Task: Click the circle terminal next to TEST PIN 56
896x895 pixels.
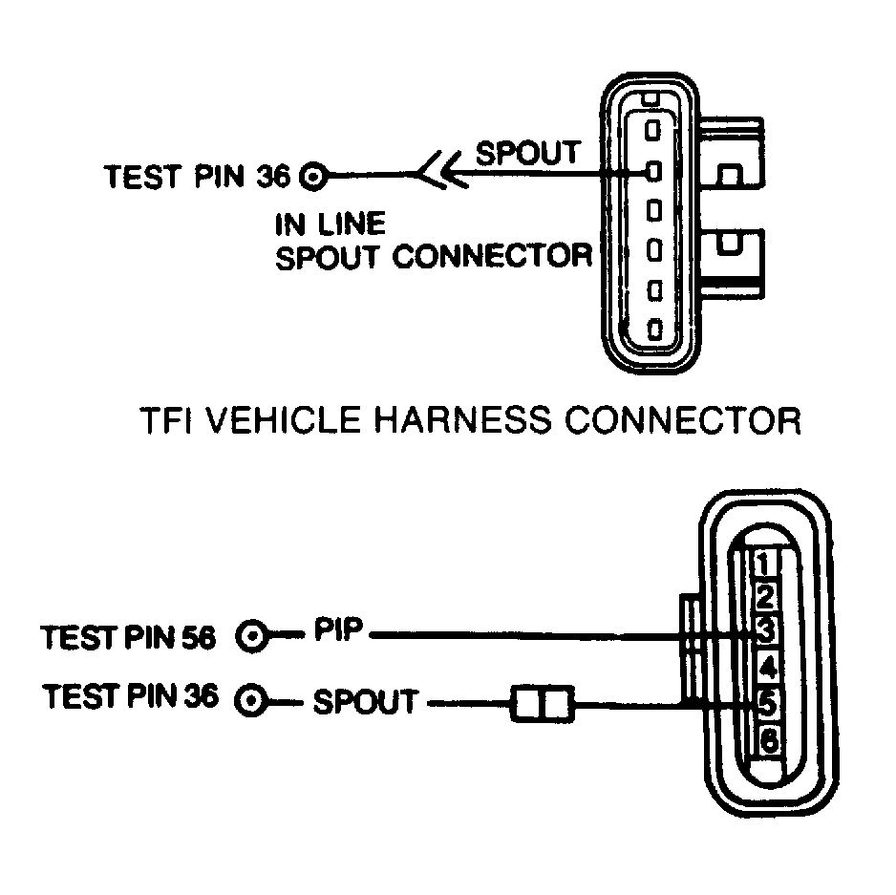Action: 253,636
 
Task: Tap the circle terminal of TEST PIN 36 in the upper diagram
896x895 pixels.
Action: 314,176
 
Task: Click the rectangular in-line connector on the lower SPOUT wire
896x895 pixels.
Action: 542,705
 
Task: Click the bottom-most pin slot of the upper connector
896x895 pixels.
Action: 654,330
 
